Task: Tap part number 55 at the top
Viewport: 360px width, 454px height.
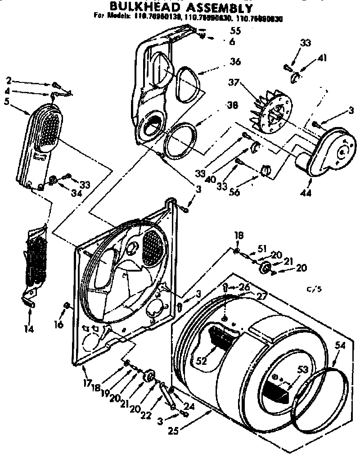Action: point(235,31)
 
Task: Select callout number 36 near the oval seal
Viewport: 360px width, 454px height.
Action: point(235,62)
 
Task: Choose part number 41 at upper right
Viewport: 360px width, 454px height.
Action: point(322,58)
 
